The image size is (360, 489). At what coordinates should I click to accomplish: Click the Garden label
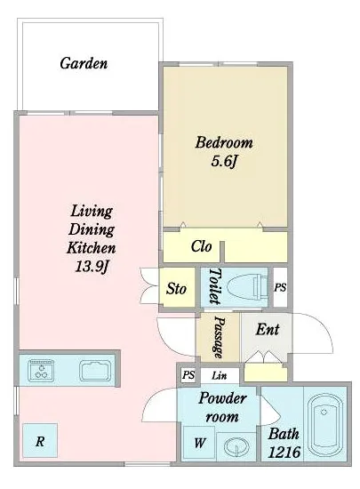84,63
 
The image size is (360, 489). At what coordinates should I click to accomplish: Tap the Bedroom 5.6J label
224,152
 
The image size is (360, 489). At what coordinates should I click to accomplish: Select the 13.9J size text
92,267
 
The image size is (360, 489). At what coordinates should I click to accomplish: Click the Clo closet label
201,246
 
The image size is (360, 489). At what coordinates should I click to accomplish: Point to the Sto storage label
176,288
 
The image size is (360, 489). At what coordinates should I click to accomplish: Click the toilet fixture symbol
247,287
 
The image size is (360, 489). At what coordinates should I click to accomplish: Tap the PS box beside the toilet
280,287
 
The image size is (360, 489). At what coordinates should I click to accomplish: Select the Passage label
220,338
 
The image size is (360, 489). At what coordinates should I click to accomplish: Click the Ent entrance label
268,329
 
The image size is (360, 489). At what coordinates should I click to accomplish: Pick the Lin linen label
220,375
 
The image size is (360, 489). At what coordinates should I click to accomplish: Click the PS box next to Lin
188,375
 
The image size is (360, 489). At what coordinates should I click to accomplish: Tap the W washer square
199,442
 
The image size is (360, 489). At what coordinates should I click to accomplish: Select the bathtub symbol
324,424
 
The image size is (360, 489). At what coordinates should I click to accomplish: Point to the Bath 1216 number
284,452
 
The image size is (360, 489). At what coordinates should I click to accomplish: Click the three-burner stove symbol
41,371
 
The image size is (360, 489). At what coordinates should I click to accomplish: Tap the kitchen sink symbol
95,371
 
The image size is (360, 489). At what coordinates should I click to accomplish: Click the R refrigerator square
40,440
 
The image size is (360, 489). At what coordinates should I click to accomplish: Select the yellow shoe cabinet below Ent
265,373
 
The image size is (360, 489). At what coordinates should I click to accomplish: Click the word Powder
222,398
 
